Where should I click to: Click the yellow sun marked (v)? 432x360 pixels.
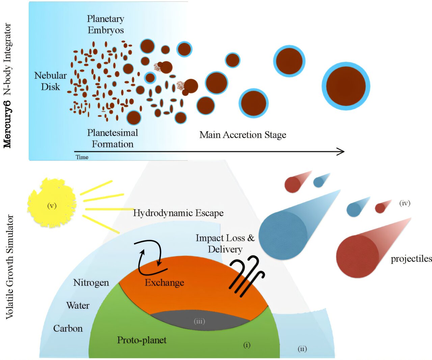(52, 204)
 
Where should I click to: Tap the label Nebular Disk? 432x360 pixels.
(50, 81)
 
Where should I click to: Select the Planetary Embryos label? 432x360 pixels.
(106, 24)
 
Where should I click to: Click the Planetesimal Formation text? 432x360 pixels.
(113, 138)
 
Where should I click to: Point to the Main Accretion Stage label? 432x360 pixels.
(243, 135)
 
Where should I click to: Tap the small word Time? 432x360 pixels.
(82, 157)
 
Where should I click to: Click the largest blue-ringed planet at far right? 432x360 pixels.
(346, 86)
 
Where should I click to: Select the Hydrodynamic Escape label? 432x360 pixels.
(178, 213)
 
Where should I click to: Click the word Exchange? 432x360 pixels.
(164, 282)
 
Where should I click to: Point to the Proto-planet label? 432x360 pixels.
(142, 340)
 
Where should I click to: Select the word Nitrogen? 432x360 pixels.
(91, 282)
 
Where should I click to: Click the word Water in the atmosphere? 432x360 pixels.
(78, 306)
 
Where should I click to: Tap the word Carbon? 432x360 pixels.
(68, 329)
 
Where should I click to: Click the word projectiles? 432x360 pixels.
(411, 259)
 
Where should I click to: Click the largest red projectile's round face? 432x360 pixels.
(357, 256)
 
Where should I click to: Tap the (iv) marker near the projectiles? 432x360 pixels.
(405, 203)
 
